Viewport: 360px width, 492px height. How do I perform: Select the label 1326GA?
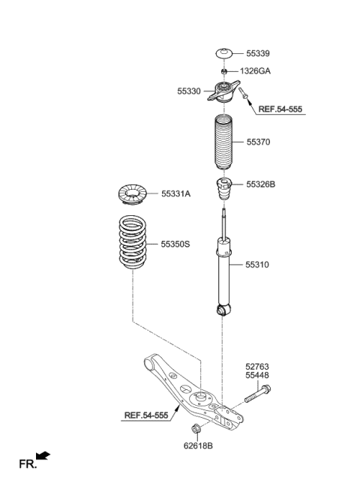pos(255,71)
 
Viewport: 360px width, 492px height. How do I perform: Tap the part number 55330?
pos(190,91)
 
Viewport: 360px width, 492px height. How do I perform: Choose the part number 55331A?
pos(175,193)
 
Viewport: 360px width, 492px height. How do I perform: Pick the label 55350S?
pos(176,244)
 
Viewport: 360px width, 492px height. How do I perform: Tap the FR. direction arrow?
pos(43,456)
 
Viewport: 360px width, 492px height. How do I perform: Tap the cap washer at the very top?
pos(223,53)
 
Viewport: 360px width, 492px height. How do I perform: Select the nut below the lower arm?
pos(196,430)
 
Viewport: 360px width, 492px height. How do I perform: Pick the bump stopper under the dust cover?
pos(223,191)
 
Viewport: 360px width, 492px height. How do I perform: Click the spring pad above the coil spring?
pos(133,193)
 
